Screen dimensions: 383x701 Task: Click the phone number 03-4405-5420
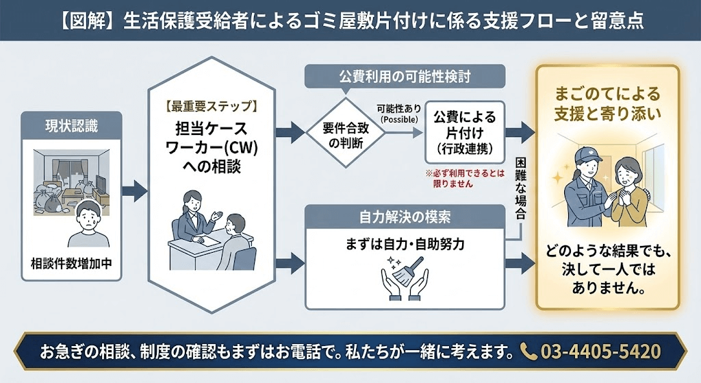click(x=600, y=351)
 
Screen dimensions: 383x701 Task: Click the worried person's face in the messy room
click(x=86, y=219)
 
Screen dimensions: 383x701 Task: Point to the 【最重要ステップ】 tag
click(x=211, y=106)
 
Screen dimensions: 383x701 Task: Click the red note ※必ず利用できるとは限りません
click(x=462, y=179)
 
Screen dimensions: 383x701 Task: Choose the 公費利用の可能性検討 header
click(x=405, y=75)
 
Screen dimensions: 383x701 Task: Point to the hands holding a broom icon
click(x=403, y=280)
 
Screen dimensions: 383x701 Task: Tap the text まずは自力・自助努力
click(x=404, y=244)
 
